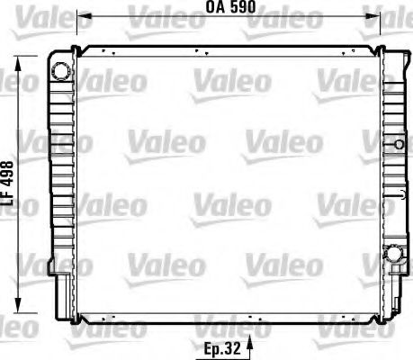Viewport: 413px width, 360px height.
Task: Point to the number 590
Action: [x=241, y=6]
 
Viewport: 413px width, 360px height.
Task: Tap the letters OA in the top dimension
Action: [x=214, y=6]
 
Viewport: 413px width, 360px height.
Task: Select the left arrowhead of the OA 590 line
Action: [x=82, y=16]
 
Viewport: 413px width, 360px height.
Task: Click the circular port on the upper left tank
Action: [x=59, y=70]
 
